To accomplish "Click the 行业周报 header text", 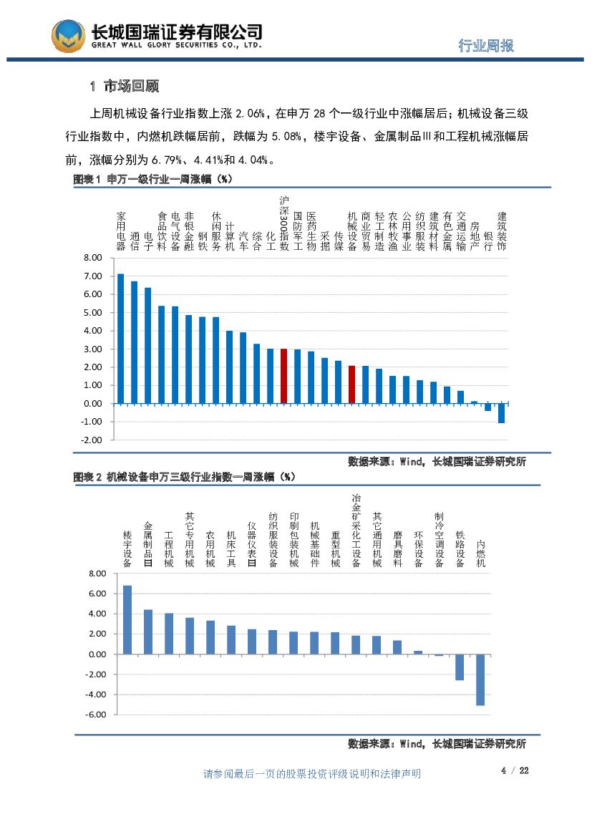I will coord(485,46).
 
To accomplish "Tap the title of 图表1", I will coord(153,179).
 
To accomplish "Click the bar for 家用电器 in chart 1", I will coord(120,339).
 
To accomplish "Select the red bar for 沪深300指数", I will coord(283,376).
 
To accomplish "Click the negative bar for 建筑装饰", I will coord(501,413).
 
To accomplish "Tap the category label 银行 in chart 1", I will coord(488,241).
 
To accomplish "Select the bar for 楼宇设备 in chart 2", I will coord(127,619).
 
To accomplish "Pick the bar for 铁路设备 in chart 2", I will coord(460,667).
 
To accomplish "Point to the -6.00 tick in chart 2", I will coord(96,715).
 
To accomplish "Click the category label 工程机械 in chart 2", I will coord(169,549).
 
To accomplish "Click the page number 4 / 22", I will coord(514,770).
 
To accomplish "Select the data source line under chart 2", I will coord(437,744).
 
